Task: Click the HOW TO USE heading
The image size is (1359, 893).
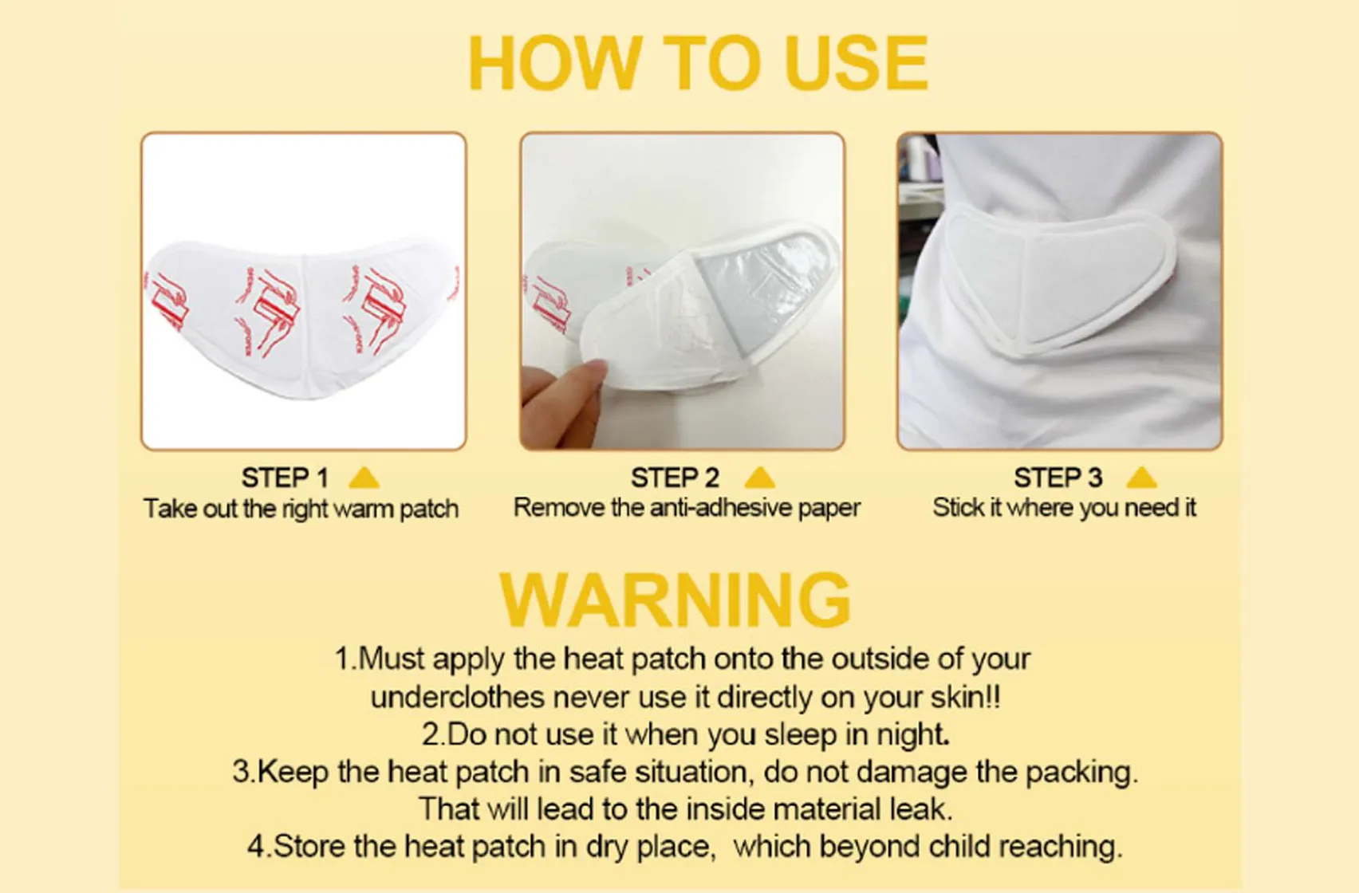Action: pyautogui.click(x=697, y=64)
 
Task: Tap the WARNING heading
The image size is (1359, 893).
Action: pyautogui.click(x=675, y=600)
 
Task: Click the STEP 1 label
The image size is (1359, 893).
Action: pyautogui.click(x=285, y=478)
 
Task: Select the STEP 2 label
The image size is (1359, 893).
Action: pyautogui.click(x=675, y=478)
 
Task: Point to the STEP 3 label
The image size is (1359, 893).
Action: pyautogui.click(x=1058, y=478)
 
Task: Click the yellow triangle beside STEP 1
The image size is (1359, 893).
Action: pyautogui.click(x=364, y=478)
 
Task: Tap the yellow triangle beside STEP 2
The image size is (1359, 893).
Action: pyautogui.click(x=759, y=478)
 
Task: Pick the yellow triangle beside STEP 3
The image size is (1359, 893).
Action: pyautogui.click(x=1141, y=478)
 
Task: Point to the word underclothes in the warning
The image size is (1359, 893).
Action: pyautogui.click(x=457, y=698)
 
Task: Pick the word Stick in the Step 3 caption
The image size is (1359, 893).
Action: pyautogui.click(x=957, y=508)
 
